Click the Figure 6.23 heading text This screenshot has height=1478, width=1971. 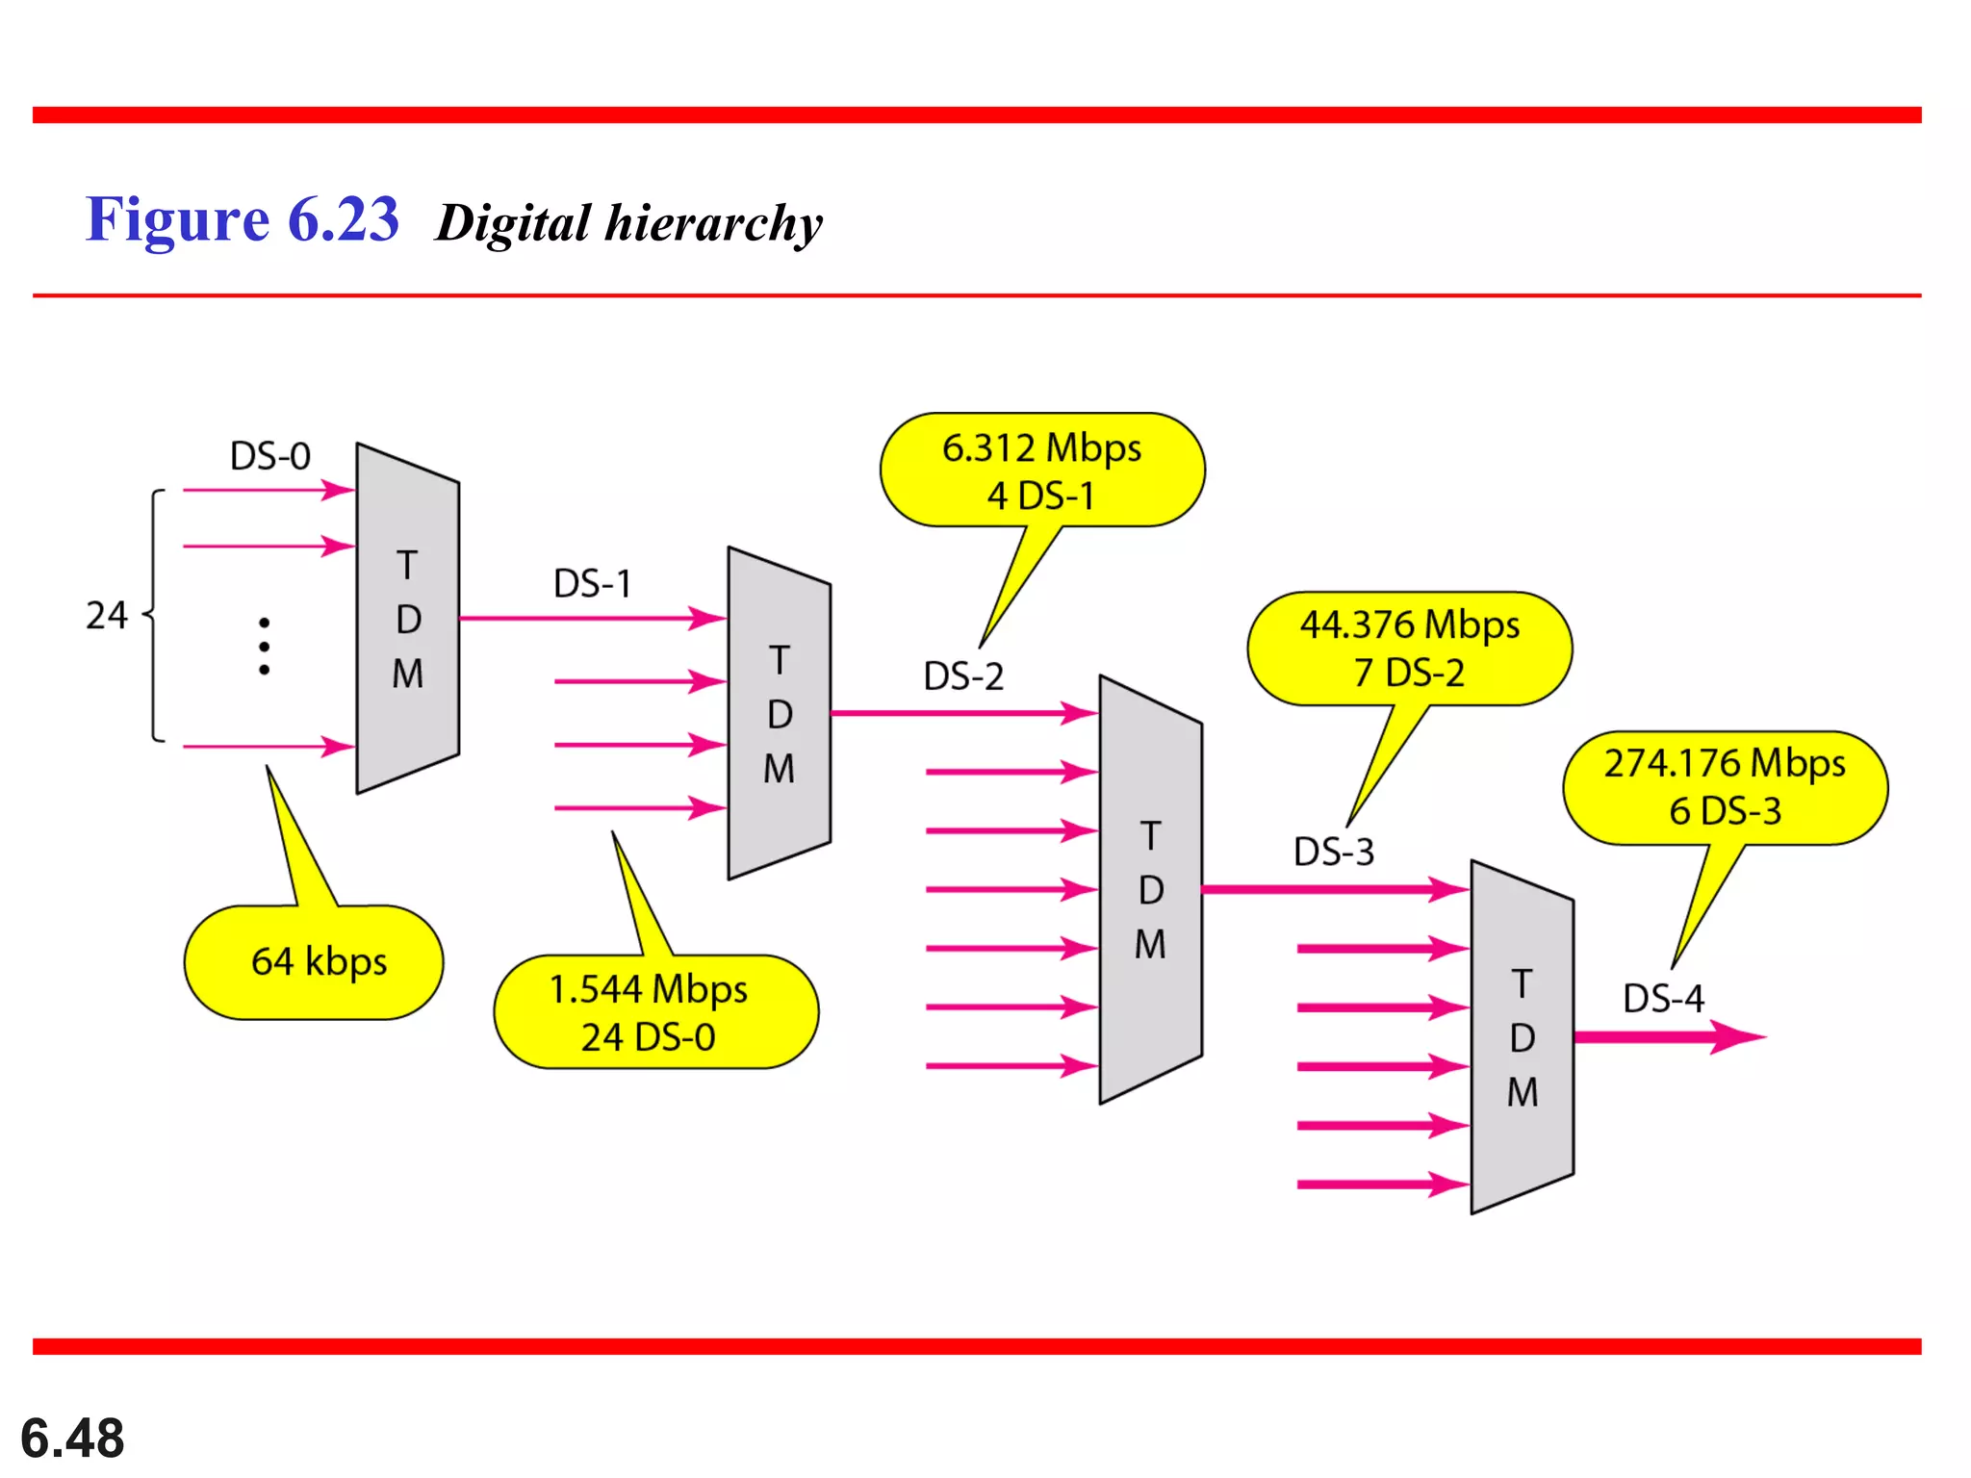(x=242, y=219)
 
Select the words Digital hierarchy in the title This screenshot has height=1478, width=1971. (x=628, y=223)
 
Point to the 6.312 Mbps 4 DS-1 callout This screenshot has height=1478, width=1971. (x=1041, y=471)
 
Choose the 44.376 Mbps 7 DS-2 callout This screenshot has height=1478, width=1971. (x=1409, y=649)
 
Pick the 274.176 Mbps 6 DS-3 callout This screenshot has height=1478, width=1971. (x=1725, y=787)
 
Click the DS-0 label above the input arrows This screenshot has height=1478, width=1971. (x=270, y=456)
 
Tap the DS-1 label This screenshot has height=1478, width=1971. (x=592, y=584)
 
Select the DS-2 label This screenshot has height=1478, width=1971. (x=963, y=676)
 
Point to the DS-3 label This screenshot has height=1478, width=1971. (x=1334, y=853)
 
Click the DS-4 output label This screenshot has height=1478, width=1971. (x=1663, y=999)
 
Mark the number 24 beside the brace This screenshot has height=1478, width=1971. (x=106, y=616)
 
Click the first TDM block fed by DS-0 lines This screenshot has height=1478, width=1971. (x=407, y=619)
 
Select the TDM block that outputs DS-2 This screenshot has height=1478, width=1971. (x=779, y=714)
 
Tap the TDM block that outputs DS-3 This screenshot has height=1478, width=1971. (x=1150, y=890)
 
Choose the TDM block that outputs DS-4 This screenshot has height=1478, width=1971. (x=1522, y=1037)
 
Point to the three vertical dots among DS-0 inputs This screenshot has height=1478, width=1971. (x=264, y=646)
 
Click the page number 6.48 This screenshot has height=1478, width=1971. (x=72, y=1439)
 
